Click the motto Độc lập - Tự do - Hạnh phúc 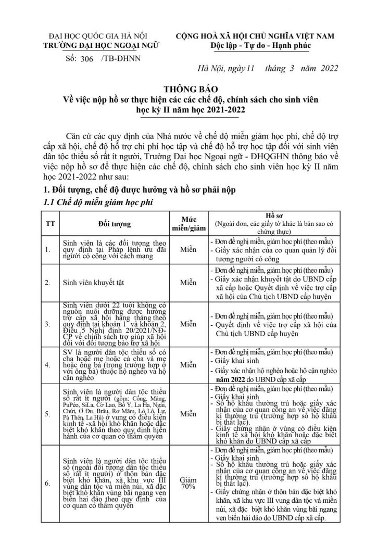click(x=255, y=45)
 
